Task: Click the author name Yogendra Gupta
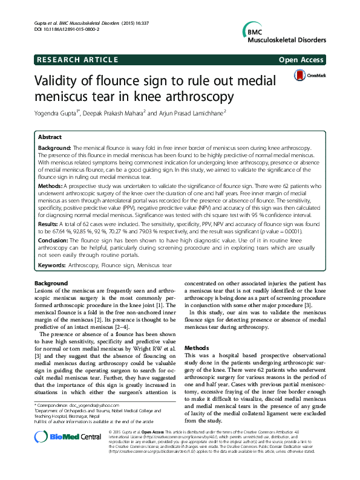click(60, 113)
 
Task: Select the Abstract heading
click(50, 137)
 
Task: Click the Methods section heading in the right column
click(196, 348)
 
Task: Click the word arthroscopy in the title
click(185, 96)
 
